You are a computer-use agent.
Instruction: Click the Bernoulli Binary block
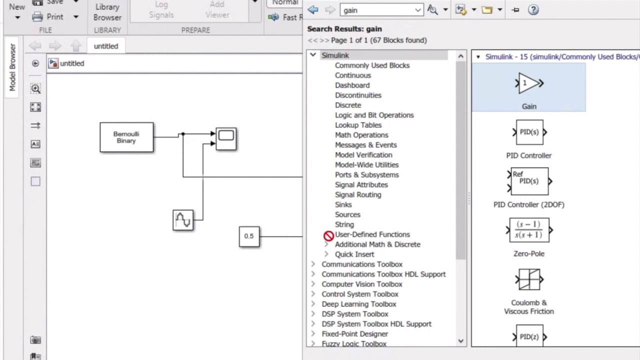(126, 137)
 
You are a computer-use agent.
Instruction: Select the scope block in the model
(226, 139)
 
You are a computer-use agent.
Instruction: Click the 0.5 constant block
(249, 236)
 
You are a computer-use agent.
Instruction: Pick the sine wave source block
(183, 220)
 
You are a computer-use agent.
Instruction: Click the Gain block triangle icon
(529, 83)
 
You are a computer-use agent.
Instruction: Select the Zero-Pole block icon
(529, 230)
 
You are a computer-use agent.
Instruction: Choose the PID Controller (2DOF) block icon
(529, 181)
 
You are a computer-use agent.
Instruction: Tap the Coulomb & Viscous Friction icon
(529, 279)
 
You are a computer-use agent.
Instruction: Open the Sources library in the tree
(347, 214)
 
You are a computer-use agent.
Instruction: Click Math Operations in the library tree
(361, 135)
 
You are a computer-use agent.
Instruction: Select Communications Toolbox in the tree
(362, 264)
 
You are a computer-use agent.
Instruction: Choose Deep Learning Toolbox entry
(358, 304)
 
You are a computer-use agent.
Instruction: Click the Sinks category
(343, 204)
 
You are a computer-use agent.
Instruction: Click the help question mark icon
(533, 10)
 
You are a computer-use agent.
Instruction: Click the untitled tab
(106, 46)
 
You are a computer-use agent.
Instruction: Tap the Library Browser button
(107, 12)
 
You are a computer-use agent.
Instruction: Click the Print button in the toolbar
(49, 16)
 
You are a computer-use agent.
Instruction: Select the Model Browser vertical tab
(12, 67)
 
